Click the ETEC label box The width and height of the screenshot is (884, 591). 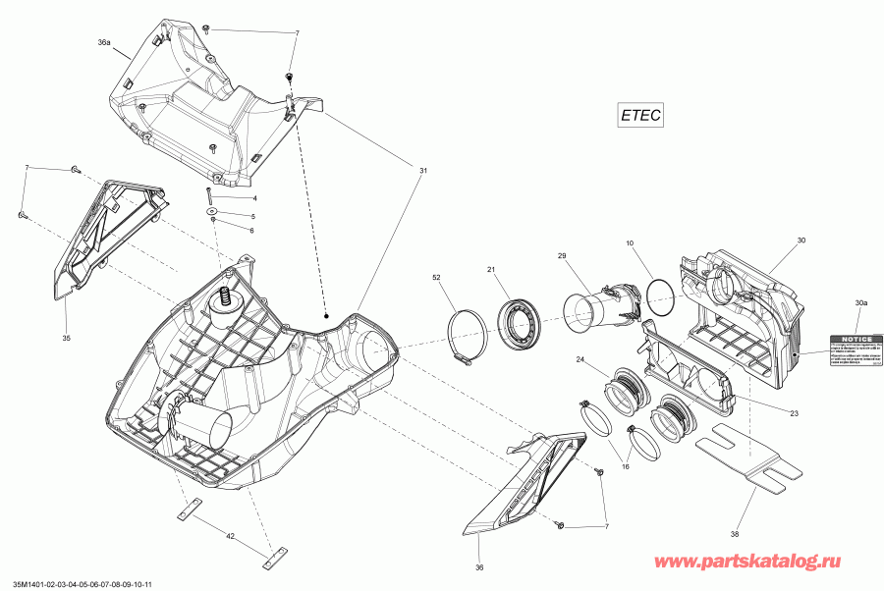click(640, 115)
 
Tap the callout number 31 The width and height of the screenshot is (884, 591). click(423, 172)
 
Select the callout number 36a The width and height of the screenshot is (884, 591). click(104, 43)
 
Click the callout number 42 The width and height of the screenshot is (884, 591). click(230, 537)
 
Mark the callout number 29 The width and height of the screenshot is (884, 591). click(563, 256)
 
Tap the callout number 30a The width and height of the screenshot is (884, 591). click(861, 303)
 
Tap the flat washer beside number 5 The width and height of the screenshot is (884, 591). click(212, 211)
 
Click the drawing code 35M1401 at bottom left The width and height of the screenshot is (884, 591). click(79, 582)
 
